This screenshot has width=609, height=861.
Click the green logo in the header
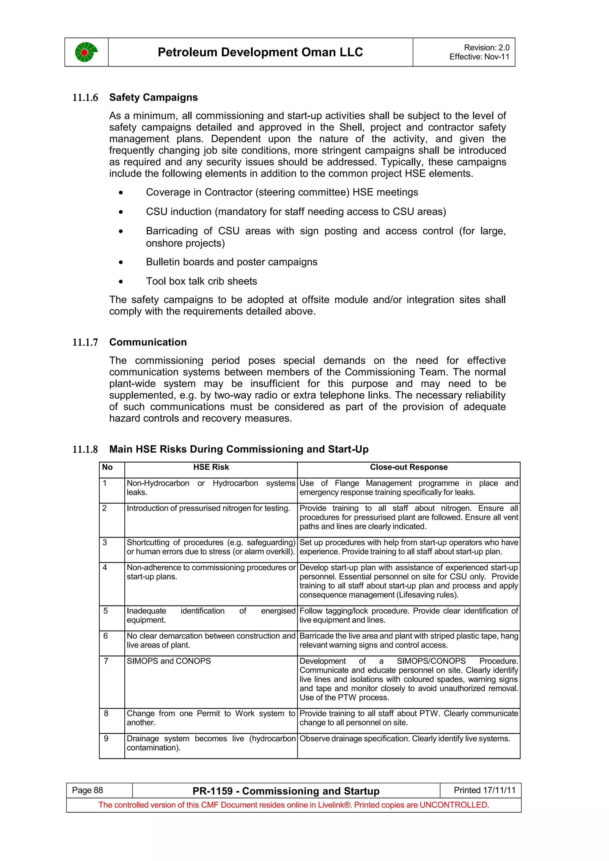(x=86, y=52)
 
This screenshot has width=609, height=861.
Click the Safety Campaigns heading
(x=153, y=97)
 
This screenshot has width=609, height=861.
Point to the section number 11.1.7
(x=85, y=342)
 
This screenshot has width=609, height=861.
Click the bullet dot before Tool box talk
(x=120, y=282)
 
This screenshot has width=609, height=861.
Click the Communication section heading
(x=148, y=342)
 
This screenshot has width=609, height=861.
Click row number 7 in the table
(x=106, y=661)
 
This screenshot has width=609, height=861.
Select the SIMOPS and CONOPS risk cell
(x=169, y=661)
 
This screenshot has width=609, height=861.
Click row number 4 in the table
(x=105, y=568)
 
